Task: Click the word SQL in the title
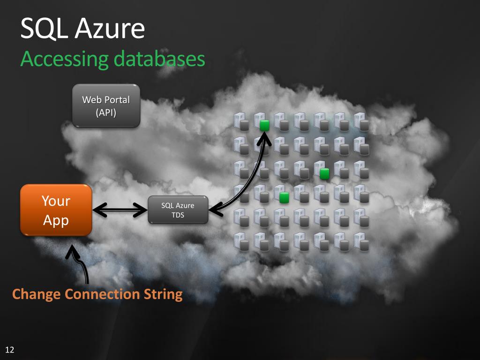click(45, 29)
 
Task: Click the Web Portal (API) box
click(106, 106)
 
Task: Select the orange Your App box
click(56, 210)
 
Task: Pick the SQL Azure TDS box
click(178, 210)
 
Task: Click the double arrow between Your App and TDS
click(120, 210)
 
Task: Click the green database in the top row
click(264, 125)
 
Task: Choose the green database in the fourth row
click(284, 197)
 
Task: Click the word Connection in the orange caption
click(101, 294)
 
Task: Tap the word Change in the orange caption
click(37, 294)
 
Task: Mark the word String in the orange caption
click(162, 295)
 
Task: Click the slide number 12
click(9, 350)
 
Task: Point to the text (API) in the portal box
click(106, 112)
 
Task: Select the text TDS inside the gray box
click(178, 215)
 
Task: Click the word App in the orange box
click(56, 220)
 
